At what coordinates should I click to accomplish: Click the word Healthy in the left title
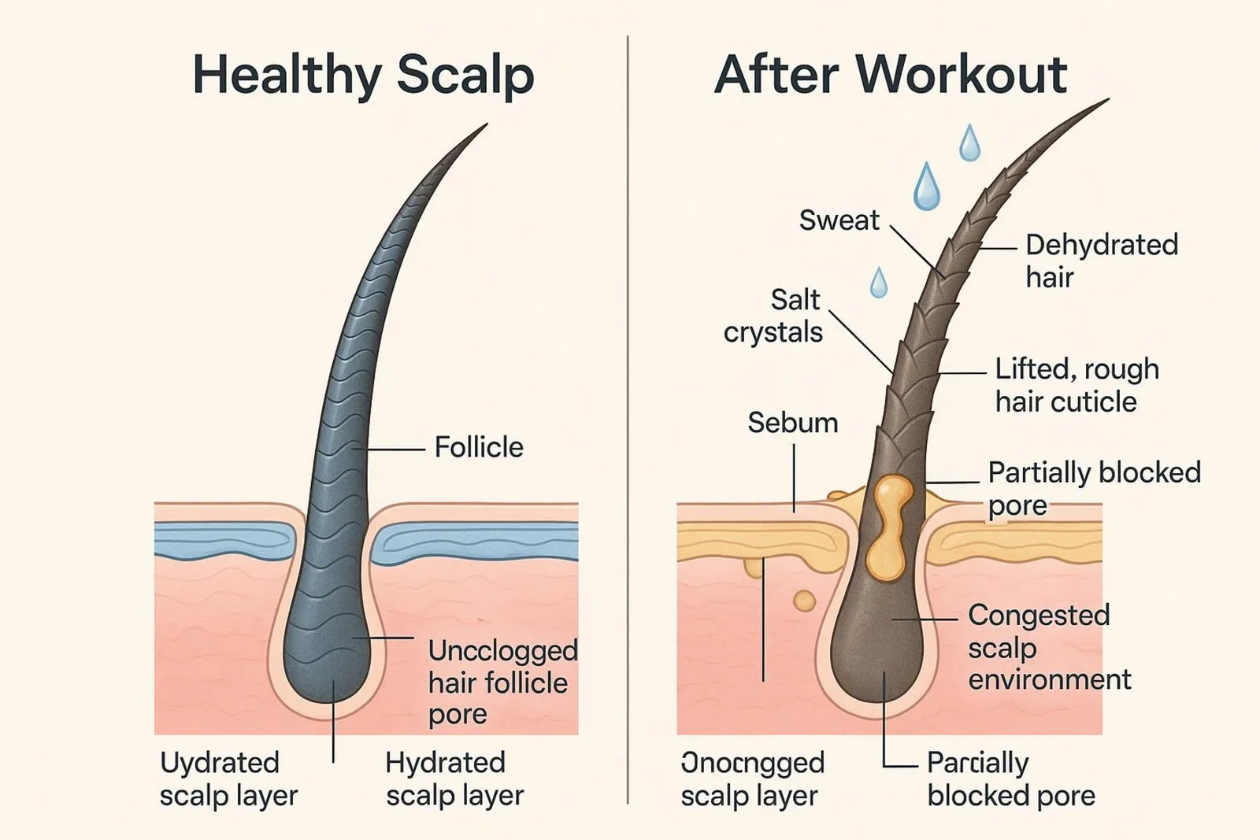coord(286,76)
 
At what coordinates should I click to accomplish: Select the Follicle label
coord(479,447)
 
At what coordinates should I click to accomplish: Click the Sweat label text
coord(839,220)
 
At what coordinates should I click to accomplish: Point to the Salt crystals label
coord(774,316)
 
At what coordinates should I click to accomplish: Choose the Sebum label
coord(792,423)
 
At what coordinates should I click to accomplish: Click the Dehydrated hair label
coord(1101,261)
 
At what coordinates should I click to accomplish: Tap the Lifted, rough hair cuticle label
coord(1076,385)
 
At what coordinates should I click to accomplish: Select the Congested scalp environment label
coord(1048,647)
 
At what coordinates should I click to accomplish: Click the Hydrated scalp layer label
coord(454,779)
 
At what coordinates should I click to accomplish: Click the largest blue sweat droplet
coord(927,187)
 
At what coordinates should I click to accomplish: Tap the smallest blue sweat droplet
coord(878,283)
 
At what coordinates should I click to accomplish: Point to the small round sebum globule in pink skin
coord(804,601)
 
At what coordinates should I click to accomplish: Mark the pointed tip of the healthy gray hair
coord(484,126)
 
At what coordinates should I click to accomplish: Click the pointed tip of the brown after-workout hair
coord(1106,101)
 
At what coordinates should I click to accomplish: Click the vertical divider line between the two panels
coord(628,417)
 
